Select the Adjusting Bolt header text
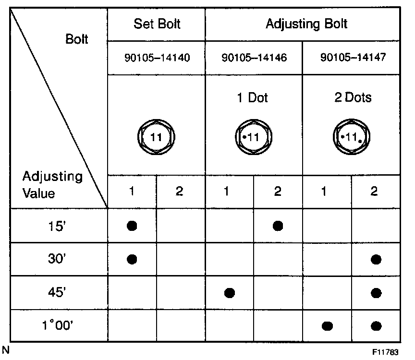click(306, 24)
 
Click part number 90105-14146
click(254, 58)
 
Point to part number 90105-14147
click(353, 58)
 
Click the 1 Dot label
click(253, 98)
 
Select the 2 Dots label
click(353, 98)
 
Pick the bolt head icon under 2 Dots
click(352, 137)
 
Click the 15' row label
click(58, 226)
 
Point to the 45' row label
click(58, 293)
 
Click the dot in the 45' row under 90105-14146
click(229, 292)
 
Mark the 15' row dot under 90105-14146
click(277, 226)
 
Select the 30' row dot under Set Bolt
click(132, 259)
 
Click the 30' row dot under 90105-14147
click(376, 260)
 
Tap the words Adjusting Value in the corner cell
click(52, 185)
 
